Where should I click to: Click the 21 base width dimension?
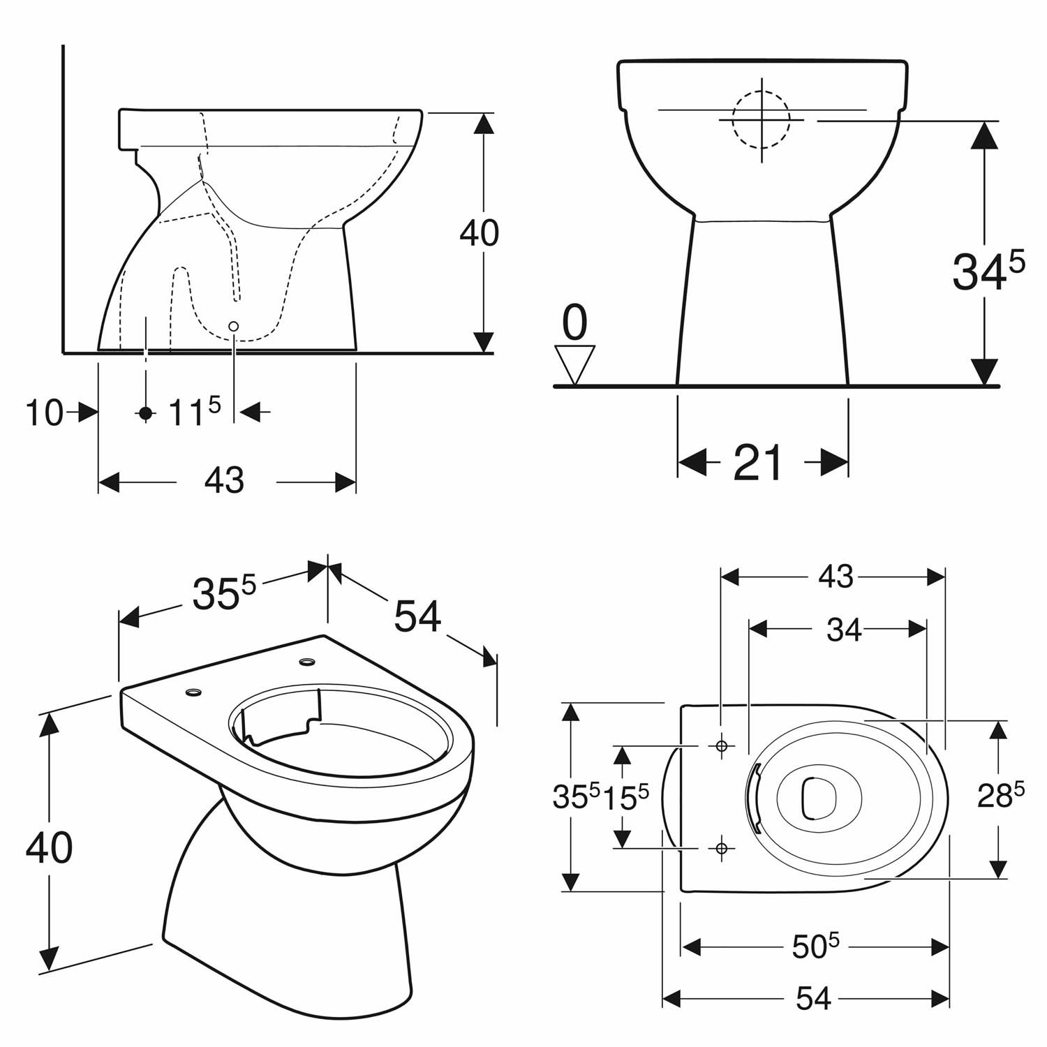pos(758,462)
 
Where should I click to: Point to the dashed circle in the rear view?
pos(762,119)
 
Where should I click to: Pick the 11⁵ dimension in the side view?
pos(195,412)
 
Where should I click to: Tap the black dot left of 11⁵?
pos(145,413)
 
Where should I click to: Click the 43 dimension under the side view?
pos(225,481)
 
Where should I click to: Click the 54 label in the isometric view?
pos(418,616)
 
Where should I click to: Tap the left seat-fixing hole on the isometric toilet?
pos(193,692)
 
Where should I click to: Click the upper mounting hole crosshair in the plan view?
pos(722,746)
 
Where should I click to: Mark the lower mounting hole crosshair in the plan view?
pos(722,847)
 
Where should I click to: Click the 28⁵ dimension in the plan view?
pos(1000,796)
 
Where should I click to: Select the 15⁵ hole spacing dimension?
pos(625,797)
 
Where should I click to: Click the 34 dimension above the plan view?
pos(845,630)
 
